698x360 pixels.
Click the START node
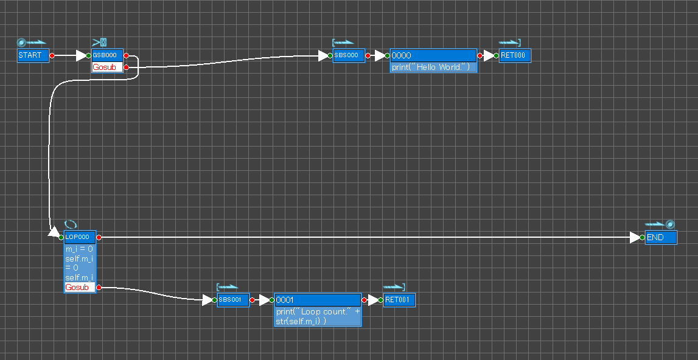[33, 55]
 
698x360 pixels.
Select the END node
[661, 237]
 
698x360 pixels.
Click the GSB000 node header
[107, 55]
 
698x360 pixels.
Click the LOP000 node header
[80, 237]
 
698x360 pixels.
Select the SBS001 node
[233, 300]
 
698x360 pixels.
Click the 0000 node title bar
[433, 55]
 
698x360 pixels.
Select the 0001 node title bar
[318, 300]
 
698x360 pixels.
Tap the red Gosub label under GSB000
[104, 67]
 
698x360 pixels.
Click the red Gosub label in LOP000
[77, 287]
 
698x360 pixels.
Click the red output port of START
[52, 55]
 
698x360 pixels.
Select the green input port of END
[642, 237]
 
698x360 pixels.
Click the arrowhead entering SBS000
[324, 55]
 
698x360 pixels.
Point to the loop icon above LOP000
[71, 224]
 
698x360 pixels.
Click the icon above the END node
[660, 224]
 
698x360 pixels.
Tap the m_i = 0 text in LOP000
[80, 249]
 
